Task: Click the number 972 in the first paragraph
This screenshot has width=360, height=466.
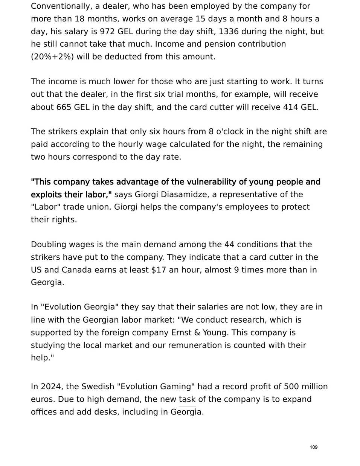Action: [107, 31]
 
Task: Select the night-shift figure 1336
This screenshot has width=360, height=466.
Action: [229, 31]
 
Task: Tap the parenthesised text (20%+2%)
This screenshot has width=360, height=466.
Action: [52, 56]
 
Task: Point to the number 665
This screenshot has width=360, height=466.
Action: [64, 107]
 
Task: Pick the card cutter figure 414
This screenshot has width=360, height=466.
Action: [290, 107]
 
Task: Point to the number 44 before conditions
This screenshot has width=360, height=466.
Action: [230, 244]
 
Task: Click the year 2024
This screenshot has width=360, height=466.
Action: [50, 387]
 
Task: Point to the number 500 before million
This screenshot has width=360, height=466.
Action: [291, 387]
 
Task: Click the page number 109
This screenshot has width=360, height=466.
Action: [314, 447]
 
